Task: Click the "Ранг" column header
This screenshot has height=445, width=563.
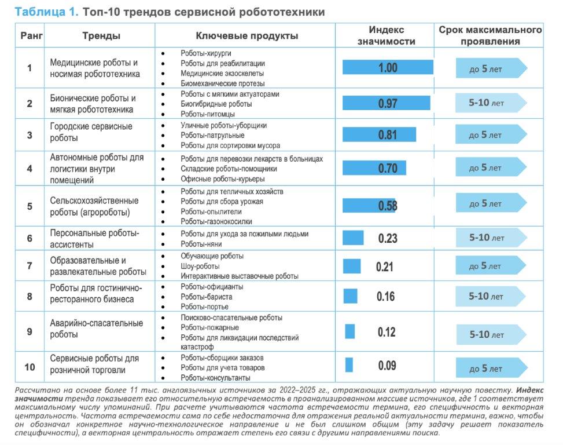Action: point(31,35)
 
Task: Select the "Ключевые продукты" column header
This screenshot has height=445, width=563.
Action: point(246,35)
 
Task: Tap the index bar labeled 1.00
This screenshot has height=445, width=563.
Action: point(388,67)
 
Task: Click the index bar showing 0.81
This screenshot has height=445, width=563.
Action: point(379,134)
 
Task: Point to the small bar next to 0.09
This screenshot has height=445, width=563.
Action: point(349,365)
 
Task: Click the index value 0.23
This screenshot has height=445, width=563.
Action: point(388,238)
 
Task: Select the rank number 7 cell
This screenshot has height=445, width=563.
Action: point(30,265)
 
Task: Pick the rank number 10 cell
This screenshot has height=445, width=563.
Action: point(30,367)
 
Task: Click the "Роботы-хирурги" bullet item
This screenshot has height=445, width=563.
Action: point(206,53)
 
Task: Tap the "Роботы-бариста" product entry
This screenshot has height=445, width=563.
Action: point(207,297)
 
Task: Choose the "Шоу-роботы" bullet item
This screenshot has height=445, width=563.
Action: point(200,267)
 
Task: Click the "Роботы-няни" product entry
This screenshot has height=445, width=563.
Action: point(201,244)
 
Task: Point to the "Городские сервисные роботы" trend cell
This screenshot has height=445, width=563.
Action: point(91,132)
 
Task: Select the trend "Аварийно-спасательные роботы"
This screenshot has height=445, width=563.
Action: point(96,329)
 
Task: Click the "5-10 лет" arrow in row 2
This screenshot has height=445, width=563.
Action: point(491,103)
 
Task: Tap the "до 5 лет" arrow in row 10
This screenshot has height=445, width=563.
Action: point(491,368)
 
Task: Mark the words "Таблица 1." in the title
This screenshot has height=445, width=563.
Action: point(46,12)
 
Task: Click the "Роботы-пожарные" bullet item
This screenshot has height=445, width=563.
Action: point(209,327)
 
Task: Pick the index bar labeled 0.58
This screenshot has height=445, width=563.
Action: point(369,206)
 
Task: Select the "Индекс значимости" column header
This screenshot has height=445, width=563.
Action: point(387,35)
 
